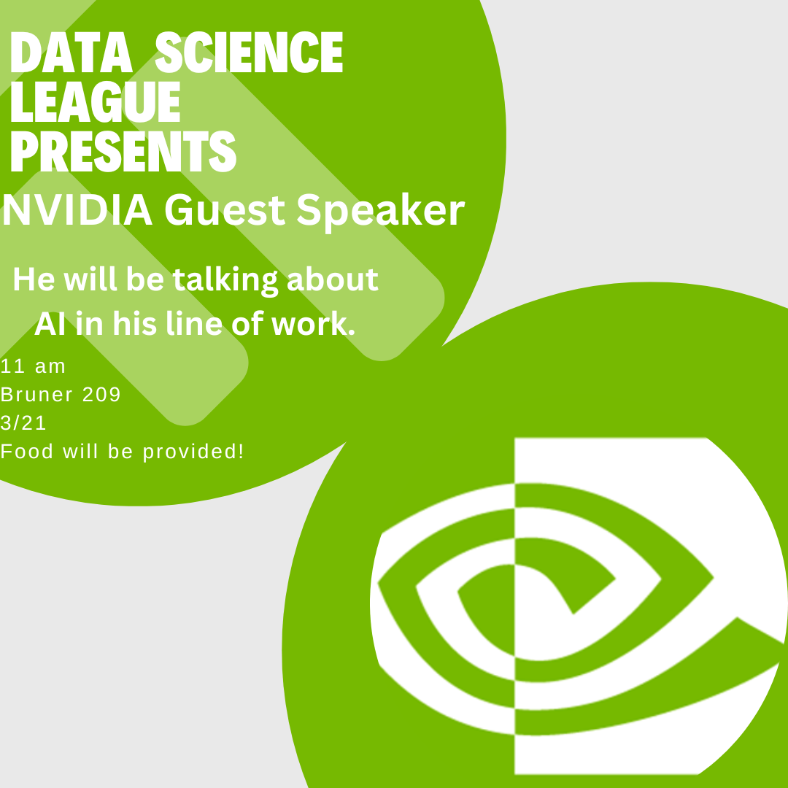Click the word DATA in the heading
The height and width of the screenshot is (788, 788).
72,53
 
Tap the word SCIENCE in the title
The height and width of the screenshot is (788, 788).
249,53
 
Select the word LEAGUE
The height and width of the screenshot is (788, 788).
95,101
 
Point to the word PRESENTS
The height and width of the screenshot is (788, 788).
123,151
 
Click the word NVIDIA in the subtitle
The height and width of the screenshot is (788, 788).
77,210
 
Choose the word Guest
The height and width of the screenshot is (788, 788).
225,210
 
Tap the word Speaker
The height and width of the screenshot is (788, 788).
380,212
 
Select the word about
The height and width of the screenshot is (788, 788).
332,280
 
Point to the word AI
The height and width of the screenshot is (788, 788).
50,324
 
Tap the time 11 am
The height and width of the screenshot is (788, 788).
33,366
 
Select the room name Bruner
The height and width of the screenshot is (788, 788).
36,395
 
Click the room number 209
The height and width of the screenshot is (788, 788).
101,395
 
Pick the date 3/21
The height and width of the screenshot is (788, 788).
23,422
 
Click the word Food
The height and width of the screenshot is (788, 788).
27,452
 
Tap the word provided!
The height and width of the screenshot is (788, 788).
193,452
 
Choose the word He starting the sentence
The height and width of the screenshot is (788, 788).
34,279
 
